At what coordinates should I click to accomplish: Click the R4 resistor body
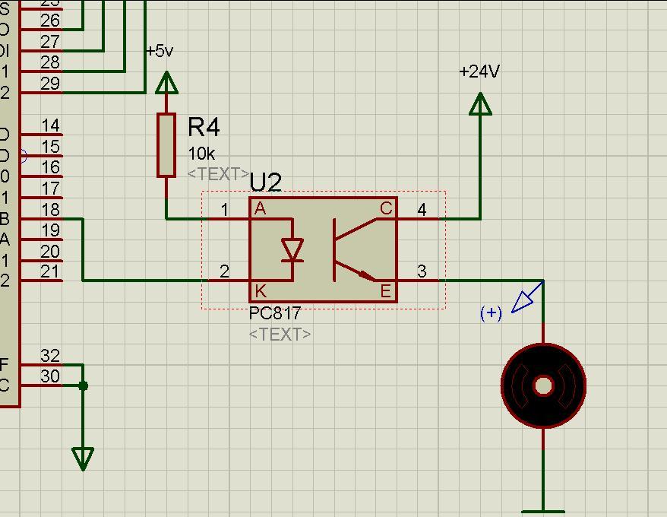tap(166, 145)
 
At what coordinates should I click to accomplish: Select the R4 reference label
tap(204, 127)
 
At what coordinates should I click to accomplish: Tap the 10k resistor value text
tap(201, 154)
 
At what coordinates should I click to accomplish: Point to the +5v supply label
tap(160, 51)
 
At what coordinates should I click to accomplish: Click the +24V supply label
tap(479, 71)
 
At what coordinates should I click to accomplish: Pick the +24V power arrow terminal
tap(480, 104)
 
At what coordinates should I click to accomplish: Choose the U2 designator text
tap(265, 182)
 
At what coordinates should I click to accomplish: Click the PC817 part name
tap(275, 313)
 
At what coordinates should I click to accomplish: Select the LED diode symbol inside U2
tap(292, 250)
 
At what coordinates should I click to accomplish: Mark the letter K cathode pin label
tap(261, 290)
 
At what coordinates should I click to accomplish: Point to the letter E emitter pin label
tap(386, 290)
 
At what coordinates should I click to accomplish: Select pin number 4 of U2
tap(422, 209)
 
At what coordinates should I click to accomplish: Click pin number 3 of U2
tap(422, 271)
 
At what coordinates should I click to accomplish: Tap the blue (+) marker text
tap(492, 312)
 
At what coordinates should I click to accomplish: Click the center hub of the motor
tap(543, 386)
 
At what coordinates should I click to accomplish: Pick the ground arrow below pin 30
tap(83, 458)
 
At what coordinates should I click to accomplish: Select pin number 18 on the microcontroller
tap(50, 210)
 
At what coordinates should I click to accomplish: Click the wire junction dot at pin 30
tap(83, 386)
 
